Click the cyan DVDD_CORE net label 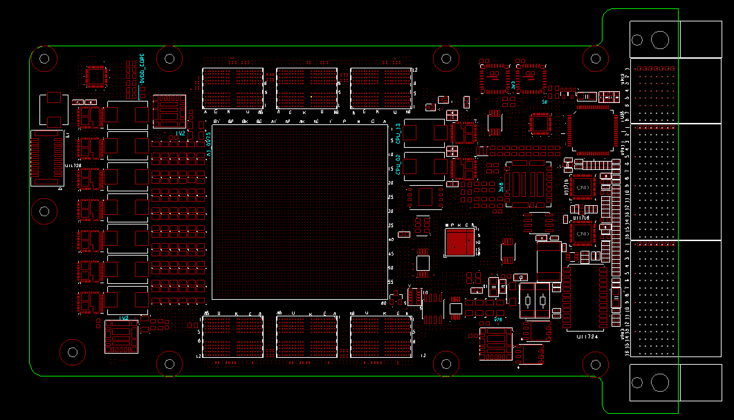(x=141, y=69)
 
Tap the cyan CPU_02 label (x=398, y=164)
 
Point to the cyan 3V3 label (x=513, y=85)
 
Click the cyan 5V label (x=544, y=102)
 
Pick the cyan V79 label (x=498, y=319)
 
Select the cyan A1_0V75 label (x=209, y=145)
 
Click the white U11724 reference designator (x=587, y=336)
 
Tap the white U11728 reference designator (x=73, y=166)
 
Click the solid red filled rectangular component (x=460, y=243)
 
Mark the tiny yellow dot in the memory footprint (x=311, y=97)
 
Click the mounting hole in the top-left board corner (x=44, y=59)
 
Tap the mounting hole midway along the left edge (x=44, y=211)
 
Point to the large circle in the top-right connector (x=660, y=40)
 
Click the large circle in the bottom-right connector (x=660, y=382)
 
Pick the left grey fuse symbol (x=528, y=301)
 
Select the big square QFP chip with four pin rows (x=593, y=131)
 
